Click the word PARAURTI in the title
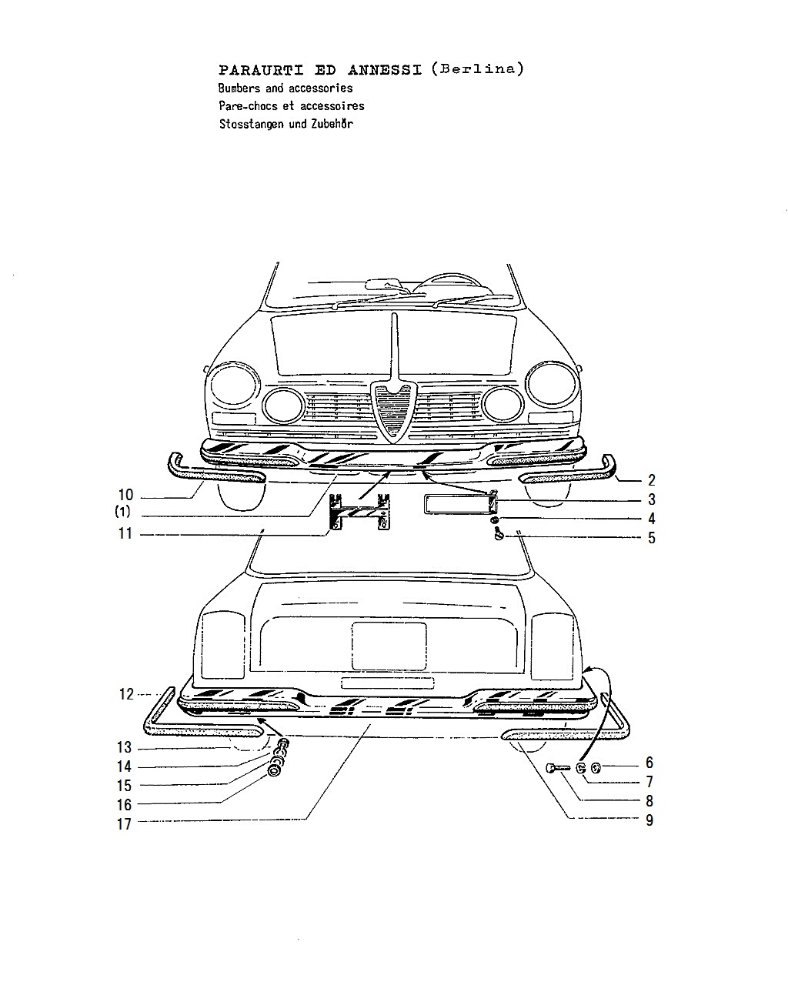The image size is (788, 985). [261, 70]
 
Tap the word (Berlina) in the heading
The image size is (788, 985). [477, 68]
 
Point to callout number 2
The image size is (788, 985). [652, 480]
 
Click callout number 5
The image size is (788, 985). [652, 538]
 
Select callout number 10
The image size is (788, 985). [126, 495]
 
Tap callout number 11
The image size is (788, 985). [125, 533]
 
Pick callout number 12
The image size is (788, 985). [126, 694]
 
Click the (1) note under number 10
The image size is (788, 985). [122, 511]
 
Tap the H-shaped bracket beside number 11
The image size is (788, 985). [359, 511]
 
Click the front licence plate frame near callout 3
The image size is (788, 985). [459, 504]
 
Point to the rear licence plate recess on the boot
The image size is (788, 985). [389, 646]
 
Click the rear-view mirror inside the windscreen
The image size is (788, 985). [384, 284]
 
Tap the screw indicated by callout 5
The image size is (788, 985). [498, 533]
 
